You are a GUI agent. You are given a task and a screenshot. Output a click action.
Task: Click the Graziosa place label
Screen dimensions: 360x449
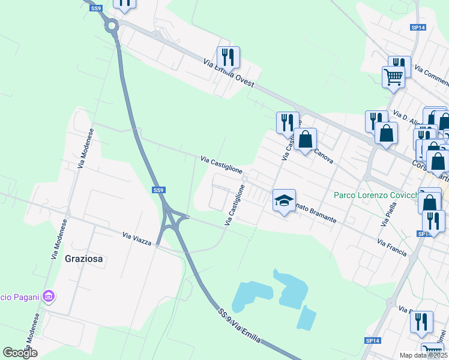(84, 259)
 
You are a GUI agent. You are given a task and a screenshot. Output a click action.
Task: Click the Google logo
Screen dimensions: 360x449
(20, 353)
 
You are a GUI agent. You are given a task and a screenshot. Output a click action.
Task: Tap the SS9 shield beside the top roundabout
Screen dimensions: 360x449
(97, 8)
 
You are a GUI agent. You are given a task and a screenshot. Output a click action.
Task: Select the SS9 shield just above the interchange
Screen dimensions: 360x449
(158, 190)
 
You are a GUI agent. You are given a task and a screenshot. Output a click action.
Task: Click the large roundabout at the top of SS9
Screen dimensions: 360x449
(111, 26)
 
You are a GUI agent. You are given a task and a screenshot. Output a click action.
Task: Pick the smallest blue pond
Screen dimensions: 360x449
(306, 318)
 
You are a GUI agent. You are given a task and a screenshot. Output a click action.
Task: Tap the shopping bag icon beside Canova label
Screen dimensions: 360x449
(305, 140)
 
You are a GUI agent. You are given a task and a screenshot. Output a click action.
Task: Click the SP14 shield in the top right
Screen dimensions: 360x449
(418, 28)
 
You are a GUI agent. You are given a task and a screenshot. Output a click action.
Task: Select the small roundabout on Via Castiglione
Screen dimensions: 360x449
(244, 178)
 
